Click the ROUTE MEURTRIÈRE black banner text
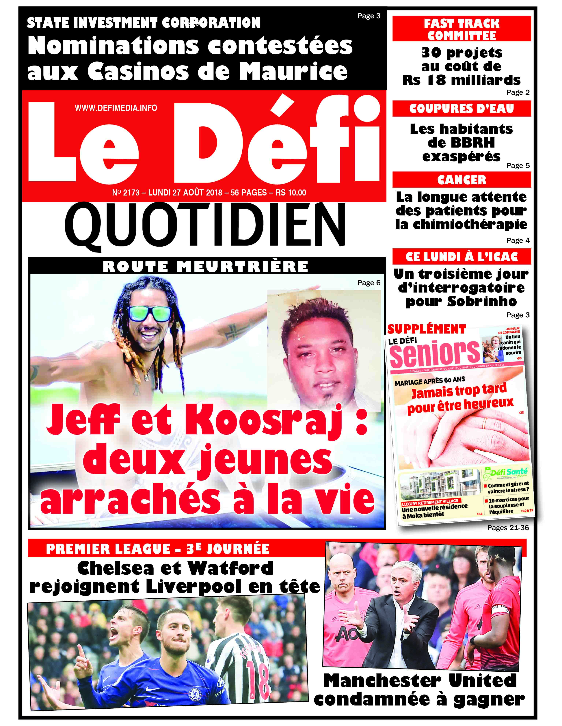coord(205,267)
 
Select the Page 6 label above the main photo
coord(369,283)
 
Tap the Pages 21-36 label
coord(507,528)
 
